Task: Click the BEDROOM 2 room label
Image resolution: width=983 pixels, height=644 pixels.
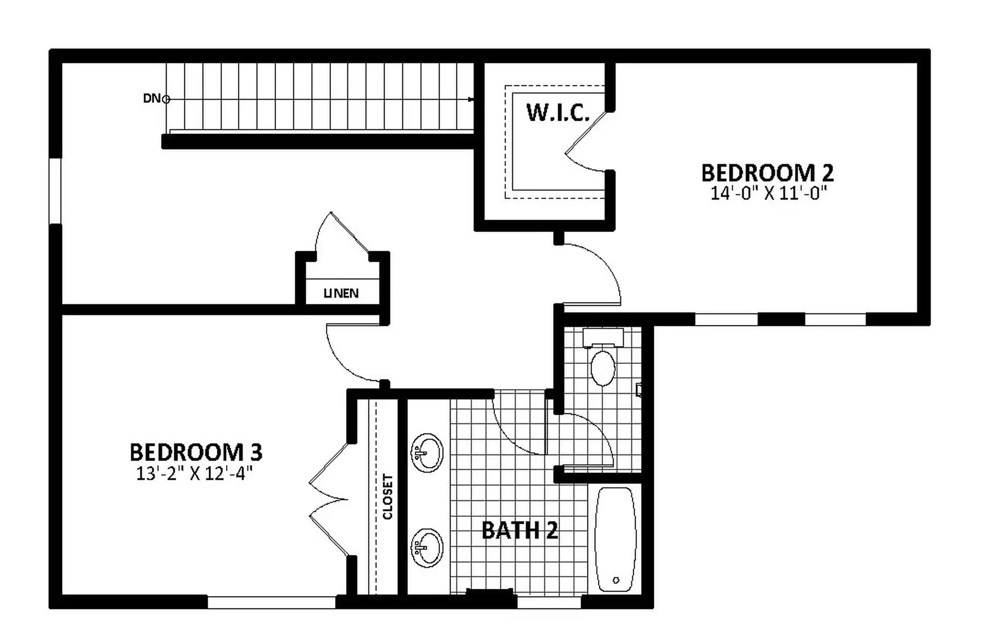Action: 767,173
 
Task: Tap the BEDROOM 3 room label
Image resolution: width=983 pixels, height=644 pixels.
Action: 196,452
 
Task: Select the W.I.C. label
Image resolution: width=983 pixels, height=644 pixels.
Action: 558,113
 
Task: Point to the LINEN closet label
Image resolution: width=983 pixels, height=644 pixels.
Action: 341,293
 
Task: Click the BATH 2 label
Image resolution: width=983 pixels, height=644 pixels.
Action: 519,530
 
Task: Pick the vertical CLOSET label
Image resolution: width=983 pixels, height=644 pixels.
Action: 388,497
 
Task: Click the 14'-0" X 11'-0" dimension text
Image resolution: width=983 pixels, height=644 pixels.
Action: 768,193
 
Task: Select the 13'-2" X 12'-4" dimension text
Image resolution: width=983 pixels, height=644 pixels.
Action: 194,473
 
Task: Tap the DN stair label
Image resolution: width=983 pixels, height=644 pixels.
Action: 151,98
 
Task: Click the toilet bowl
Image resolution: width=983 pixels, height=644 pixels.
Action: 603,368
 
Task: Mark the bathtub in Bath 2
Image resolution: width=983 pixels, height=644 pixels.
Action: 615,540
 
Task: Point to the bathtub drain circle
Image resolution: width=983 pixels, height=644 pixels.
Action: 616,580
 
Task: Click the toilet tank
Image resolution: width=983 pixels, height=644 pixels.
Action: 603,338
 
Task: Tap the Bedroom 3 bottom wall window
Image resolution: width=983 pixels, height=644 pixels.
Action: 271,602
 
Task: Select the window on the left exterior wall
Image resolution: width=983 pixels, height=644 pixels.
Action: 55,191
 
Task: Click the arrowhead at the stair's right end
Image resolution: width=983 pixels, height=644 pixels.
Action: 471,99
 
